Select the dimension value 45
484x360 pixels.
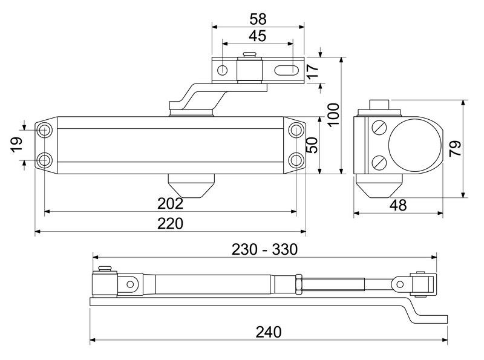257,36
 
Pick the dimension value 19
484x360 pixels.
16,144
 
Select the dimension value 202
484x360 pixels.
170,203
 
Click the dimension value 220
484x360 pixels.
170,223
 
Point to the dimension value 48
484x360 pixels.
397,205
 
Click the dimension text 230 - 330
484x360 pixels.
264,249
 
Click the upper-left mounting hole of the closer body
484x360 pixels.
45,130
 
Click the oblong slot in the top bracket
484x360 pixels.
287,70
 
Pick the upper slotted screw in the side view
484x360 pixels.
378,128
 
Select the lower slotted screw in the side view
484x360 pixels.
378,162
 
